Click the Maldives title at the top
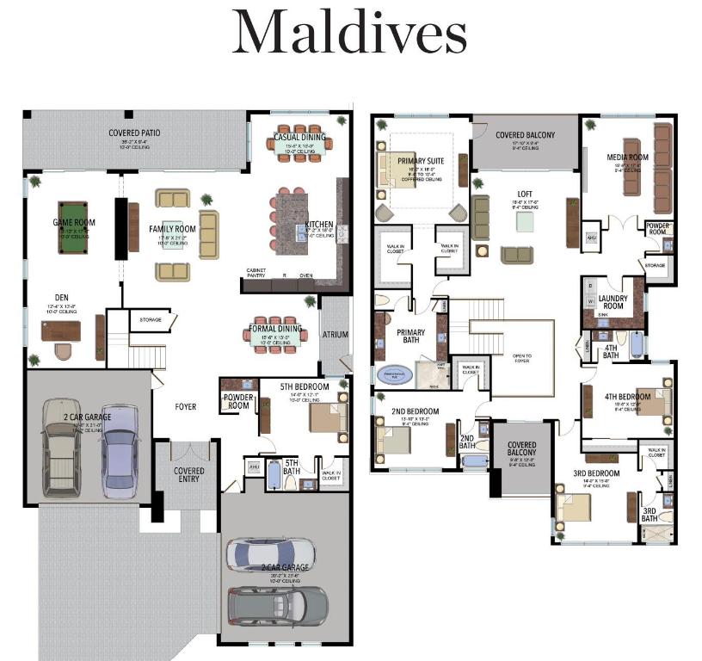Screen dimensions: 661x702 tap(350, 34)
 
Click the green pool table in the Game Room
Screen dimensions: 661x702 tap(74, 226)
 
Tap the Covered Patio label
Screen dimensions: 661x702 tap(134, 133)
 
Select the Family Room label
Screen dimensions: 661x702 tap(172, 229)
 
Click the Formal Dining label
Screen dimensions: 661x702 tap(275, 328)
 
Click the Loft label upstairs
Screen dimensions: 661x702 tap(525, 195)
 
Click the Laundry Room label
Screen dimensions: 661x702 tap(612, 301)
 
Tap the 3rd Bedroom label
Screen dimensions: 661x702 tap(596, 474)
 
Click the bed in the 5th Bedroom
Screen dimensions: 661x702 tap(327, 417)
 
